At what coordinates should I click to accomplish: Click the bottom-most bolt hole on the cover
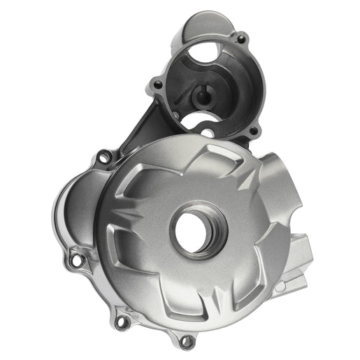point(187,342)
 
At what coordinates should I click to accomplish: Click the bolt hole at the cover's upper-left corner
point(103,158)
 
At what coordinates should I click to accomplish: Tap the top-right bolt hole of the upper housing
point(241,39)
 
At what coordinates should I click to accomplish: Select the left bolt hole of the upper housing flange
point(158,85)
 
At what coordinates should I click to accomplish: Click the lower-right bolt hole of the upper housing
point(253,130)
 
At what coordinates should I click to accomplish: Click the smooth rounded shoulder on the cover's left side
point(70,210)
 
